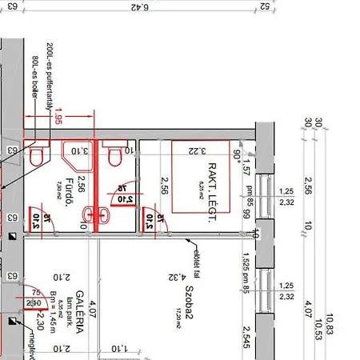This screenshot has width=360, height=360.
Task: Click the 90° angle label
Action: click(x=238, y=154)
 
